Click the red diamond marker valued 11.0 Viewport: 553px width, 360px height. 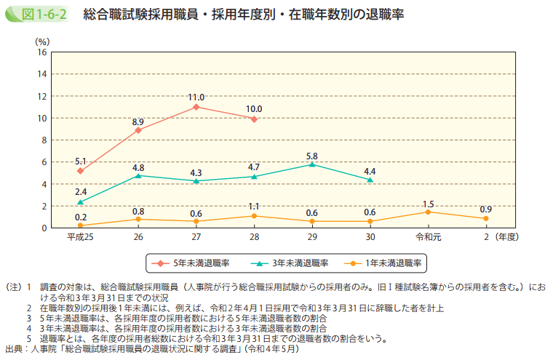click(196, 107)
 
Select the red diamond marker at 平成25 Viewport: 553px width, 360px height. click(80, 171)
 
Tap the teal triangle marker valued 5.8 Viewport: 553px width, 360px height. click(312, 164)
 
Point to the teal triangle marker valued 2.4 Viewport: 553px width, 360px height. click(80, 201)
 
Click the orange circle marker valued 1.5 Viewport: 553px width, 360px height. click(428, 212)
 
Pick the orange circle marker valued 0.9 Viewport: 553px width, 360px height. click(486, 218)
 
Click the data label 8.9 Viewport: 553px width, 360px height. click(138, 121)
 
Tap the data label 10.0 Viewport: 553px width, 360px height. click(254, 109)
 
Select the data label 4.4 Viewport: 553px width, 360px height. click(370, 171)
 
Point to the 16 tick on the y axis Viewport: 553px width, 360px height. click(42, 52)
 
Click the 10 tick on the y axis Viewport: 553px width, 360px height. click(42, 119)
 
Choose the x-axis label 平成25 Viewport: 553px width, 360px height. click(80, 237)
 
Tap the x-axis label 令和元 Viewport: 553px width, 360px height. click(428, 237)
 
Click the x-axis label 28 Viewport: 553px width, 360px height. click(254, 237)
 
